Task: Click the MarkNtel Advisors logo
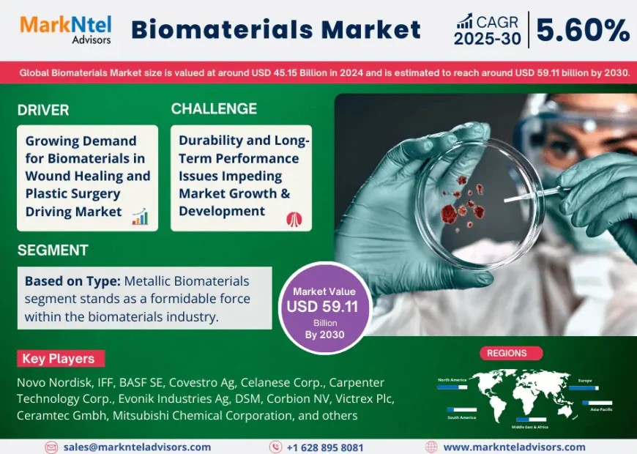click(65, 29)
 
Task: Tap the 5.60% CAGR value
click(583, 30)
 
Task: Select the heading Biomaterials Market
click(276, 30)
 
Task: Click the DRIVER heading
click(43, 110)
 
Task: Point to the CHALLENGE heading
click(214, 109)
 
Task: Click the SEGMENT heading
click(53, 250)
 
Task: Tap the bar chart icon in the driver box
click(140, 216)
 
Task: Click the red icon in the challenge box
click(294, 218)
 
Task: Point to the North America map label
click(452, 380)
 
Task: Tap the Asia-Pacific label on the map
click(601, 409)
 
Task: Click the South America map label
click(461, 417)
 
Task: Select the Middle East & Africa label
click(531, 427)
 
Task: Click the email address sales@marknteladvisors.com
click(137, 447)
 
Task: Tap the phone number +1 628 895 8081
click(324, 447)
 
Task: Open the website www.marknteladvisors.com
click(514, 447)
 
